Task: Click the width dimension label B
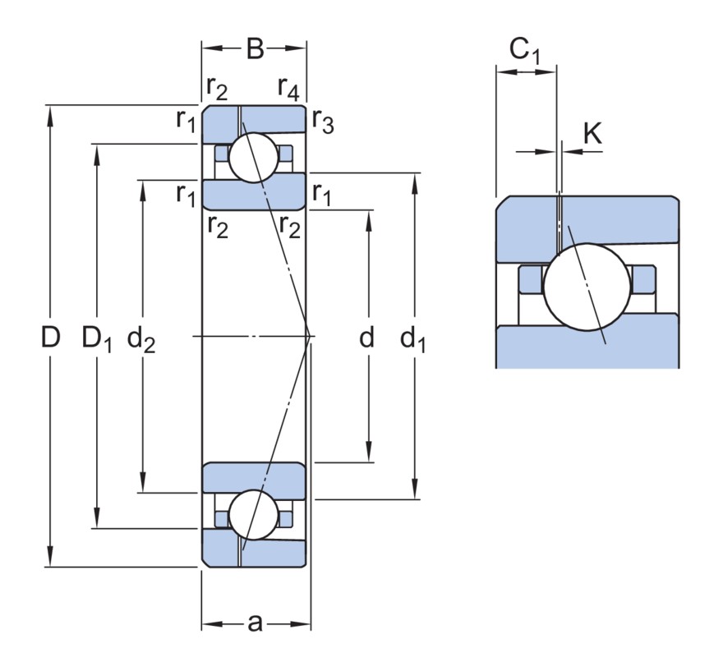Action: (x=255, y=48)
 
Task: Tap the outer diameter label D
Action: (x=51, y=337)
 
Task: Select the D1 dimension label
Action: (x=97, y=338)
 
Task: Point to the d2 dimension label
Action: (x=141, y=338)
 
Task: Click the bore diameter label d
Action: (x=366, y=337)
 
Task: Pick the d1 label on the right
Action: (x=412, y=338)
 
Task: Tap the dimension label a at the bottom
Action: (x=255, y=623)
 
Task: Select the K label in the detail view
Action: (x=592, y=133)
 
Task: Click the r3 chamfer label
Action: (x=323, y=121)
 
